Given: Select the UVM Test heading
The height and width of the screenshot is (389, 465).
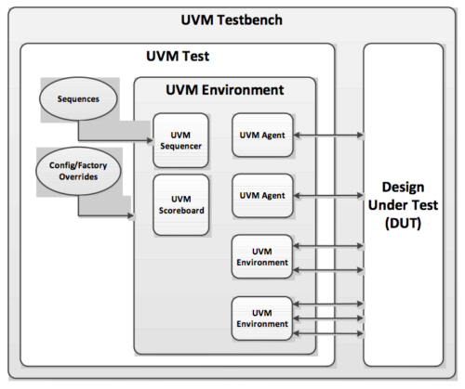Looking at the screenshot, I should pyautogui.click(x=178, y=57).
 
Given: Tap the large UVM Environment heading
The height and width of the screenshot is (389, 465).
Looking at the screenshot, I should pyautogui.click(x=226, y=90).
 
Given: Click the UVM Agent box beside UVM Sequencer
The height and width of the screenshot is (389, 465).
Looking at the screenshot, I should pyautogui.click(x=261, y=136).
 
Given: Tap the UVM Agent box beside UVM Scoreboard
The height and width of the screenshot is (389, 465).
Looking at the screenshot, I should pyautogui.click(x=261, y=196).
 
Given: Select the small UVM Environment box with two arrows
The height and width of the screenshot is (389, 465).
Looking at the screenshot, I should pyautogui.click(x=261, y=256).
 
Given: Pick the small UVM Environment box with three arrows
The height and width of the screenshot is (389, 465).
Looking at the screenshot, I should pyautogui.click(x=261, y=317).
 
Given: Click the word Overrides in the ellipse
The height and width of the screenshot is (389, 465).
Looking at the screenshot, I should pyautogui.click(x=75, y=177).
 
